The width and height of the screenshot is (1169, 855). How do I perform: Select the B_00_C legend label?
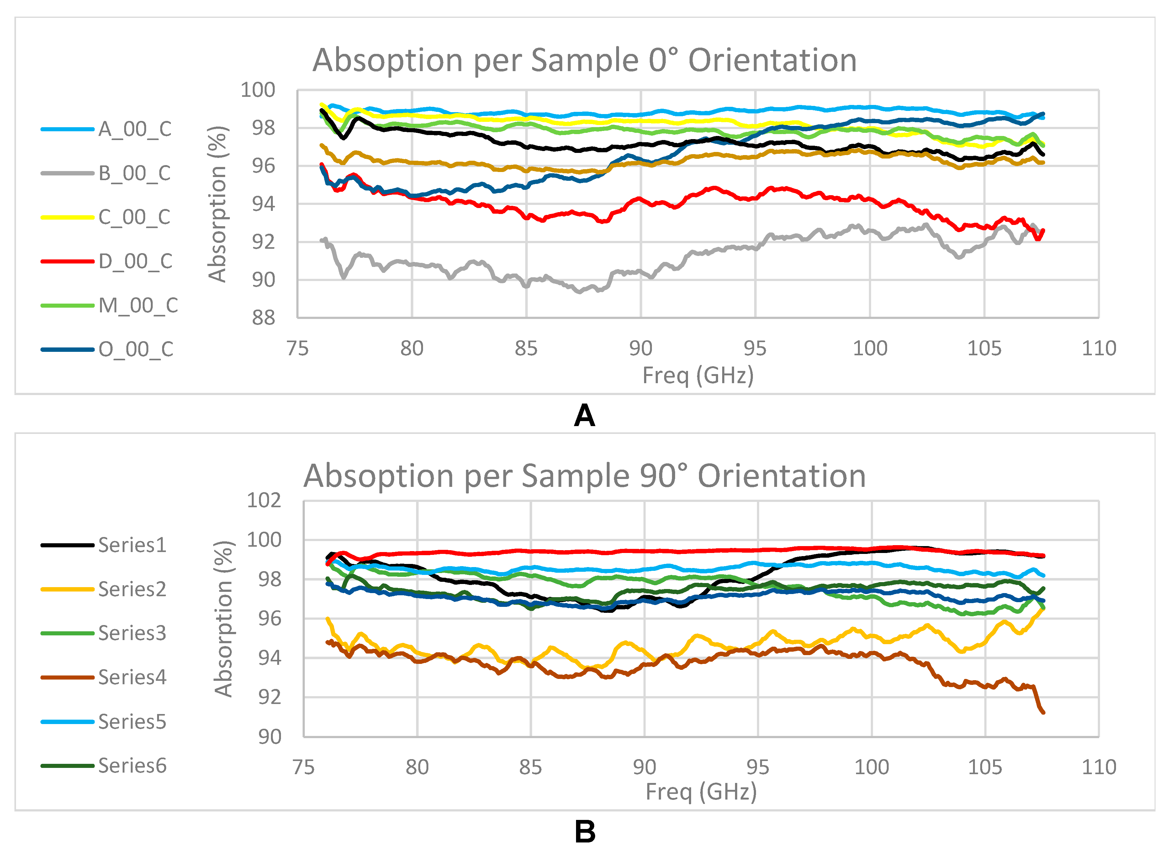click(x=135, y=173)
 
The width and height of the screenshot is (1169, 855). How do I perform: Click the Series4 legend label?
click(x=132, y=677)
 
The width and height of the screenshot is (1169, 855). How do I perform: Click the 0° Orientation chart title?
click(x=584, y=60)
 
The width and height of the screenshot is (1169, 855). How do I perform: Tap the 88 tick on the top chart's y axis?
click(x=264, y=318)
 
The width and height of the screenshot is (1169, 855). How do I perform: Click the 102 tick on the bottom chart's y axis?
click(x=264, y=500)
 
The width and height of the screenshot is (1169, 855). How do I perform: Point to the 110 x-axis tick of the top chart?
click(x=1098, y=348)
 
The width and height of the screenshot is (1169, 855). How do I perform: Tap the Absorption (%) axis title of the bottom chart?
click(x=224, y=619)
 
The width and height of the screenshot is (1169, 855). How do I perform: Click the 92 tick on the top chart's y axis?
click(x=264, y=242)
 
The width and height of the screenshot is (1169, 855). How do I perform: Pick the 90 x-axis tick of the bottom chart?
click(x=644, y=767)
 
